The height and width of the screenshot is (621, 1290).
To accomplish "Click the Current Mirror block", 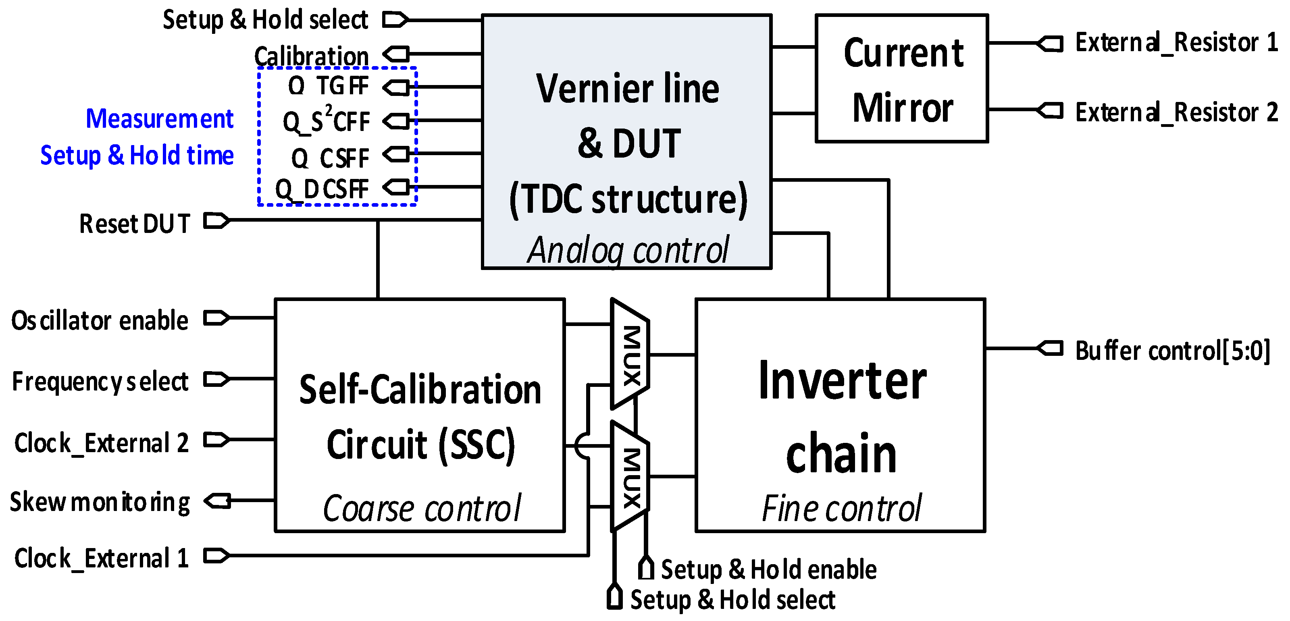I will pyautogui.click(x=901, y=79).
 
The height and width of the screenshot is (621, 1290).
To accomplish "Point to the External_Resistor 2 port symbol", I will pyautogui.click(x=1050, y=110).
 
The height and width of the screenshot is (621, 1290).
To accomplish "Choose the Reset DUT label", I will pyautogui.click(x=135, y=224).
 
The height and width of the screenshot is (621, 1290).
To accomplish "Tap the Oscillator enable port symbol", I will pyautogui.click(x=216, y=318).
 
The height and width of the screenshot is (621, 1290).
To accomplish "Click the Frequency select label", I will pyautogui.click(x=100, y=382).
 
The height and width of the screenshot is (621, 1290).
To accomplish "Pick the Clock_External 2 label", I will pyautogui.click(x=102, y=443).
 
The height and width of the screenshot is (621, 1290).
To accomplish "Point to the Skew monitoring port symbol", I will pyautogui.click(x=218, y=501).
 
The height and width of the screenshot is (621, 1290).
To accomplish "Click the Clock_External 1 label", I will pyautogui.click(x=102, y=558).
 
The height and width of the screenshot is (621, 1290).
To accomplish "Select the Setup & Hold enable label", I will pyautogui.click(x=768, y=569).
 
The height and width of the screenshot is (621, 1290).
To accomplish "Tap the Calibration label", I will pyautogui.click(x=312, y=56).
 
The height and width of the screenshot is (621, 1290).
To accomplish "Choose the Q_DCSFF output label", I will pyautogui.click(x=322, y=189).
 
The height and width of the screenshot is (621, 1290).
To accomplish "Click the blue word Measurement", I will pyautogui.click(x=159, y=119).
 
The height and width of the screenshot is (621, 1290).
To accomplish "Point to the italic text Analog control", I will pyautogui.click(x=628, y=250).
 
